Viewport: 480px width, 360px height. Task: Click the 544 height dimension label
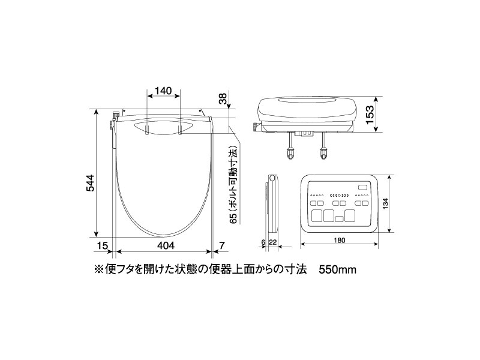click(x=90, y=183)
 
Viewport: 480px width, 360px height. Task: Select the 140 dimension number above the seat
click(x=163, y=91)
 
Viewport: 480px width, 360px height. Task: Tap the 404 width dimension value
click(x=166, y=245)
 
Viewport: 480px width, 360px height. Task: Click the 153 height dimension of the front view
click(x=370, y=115)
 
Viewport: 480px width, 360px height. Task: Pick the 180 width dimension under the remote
click(x=339, y=241)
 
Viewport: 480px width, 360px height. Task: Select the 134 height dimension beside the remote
click(x=385, y=204)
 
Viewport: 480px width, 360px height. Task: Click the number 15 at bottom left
click(x=103, y=245)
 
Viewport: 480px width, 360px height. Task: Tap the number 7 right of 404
click(x=222, y=245)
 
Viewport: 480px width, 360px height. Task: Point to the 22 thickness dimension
click(x=273, y=242)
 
